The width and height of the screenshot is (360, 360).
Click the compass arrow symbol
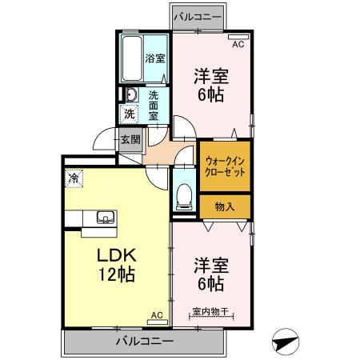pyautogui.click(x=286, y=342)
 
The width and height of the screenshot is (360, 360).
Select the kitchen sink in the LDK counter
pyautogui.click(x=105, y=216)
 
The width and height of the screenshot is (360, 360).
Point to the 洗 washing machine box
pyautogui.click(x=129, y=114)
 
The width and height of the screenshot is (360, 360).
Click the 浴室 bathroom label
pyautogui.click(x=154, y=58)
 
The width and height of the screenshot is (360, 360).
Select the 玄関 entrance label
pyautogui.click(x=130, y=139)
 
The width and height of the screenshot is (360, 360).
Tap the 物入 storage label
pyautogui.click(x=226, y=206)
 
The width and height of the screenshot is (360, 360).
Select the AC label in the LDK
pyautogui.click(x=157, y=316)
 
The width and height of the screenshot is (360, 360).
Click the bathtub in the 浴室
pyautogui.click(x=132, y=58)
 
